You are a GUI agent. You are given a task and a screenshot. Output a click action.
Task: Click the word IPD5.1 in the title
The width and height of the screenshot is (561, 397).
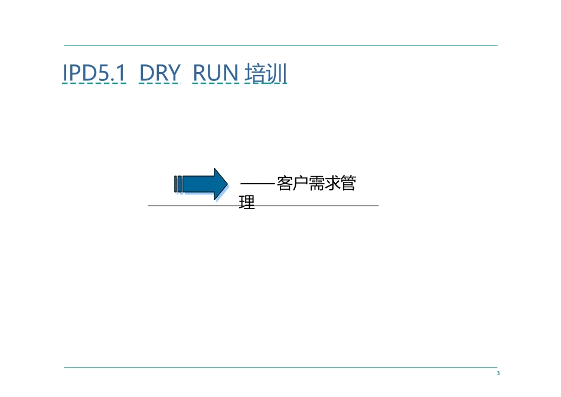(94, 74)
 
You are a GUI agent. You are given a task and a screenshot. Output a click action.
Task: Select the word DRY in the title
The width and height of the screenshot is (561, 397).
(159, 74)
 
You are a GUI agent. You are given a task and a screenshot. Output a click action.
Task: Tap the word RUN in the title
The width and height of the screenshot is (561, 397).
(216, 74)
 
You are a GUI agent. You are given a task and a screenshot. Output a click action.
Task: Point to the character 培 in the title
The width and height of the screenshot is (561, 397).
(255, 74)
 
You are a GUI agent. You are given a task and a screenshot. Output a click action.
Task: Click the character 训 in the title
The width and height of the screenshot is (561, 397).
(276, 74)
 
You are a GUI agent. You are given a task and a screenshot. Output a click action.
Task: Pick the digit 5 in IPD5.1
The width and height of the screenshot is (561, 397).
(100, 74)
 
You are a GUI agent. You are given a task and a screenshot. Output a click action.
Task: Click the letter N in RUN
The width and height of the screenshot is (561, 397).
(231, 74)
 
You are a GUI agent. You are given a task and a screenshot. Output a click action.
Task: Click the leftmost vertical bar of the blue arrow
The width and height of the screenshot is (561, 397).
(176, 184)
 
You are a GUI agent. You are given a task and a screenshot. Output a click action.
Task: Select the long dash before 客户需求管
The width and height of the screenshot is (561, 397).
(258, 185)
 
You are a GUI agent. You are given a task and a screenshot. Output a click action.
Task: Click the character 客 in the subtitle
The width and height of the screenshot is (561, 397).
(285, 184)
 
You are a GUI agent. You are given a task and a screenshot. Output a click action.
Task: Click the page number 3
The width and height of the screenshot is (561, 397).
(498, 373)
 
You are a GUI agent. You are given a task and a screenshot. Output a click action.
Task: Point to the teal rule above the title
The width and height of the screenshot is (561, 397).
(280, 45)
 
